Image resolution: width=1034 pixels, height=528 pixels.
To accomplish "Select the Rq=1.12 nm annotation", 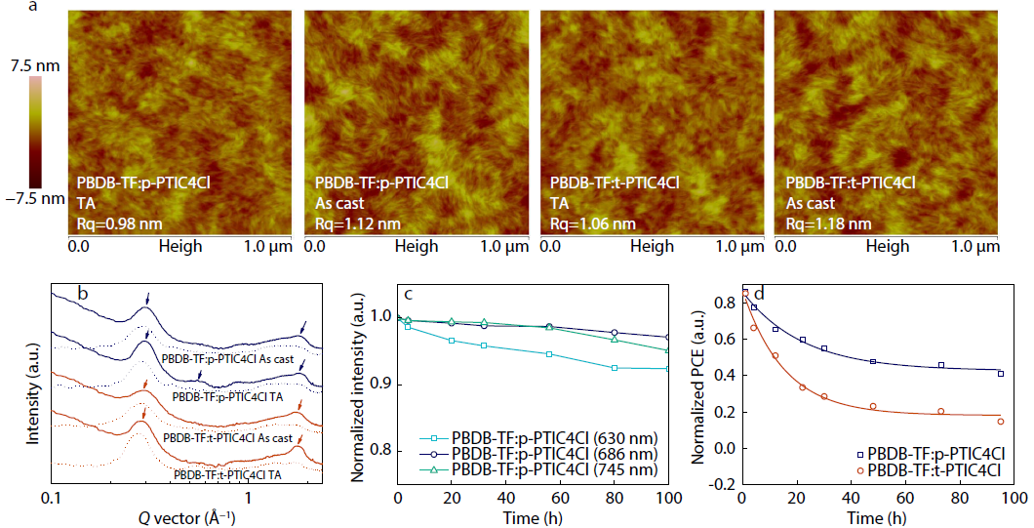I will coord(357,223).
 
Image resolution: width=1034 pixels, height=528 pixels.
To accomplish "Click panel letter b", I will coord(84,294).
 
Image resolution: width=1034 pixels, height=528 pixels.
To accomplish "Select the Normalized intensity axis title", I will coord(357,385).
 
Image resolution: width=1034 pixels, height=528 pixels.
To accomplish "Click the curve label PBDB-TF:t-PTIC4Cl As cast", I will coord(228,438).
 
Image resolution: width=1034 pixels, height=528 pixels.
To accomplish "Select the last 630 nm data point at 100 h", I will coord(668,369).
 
